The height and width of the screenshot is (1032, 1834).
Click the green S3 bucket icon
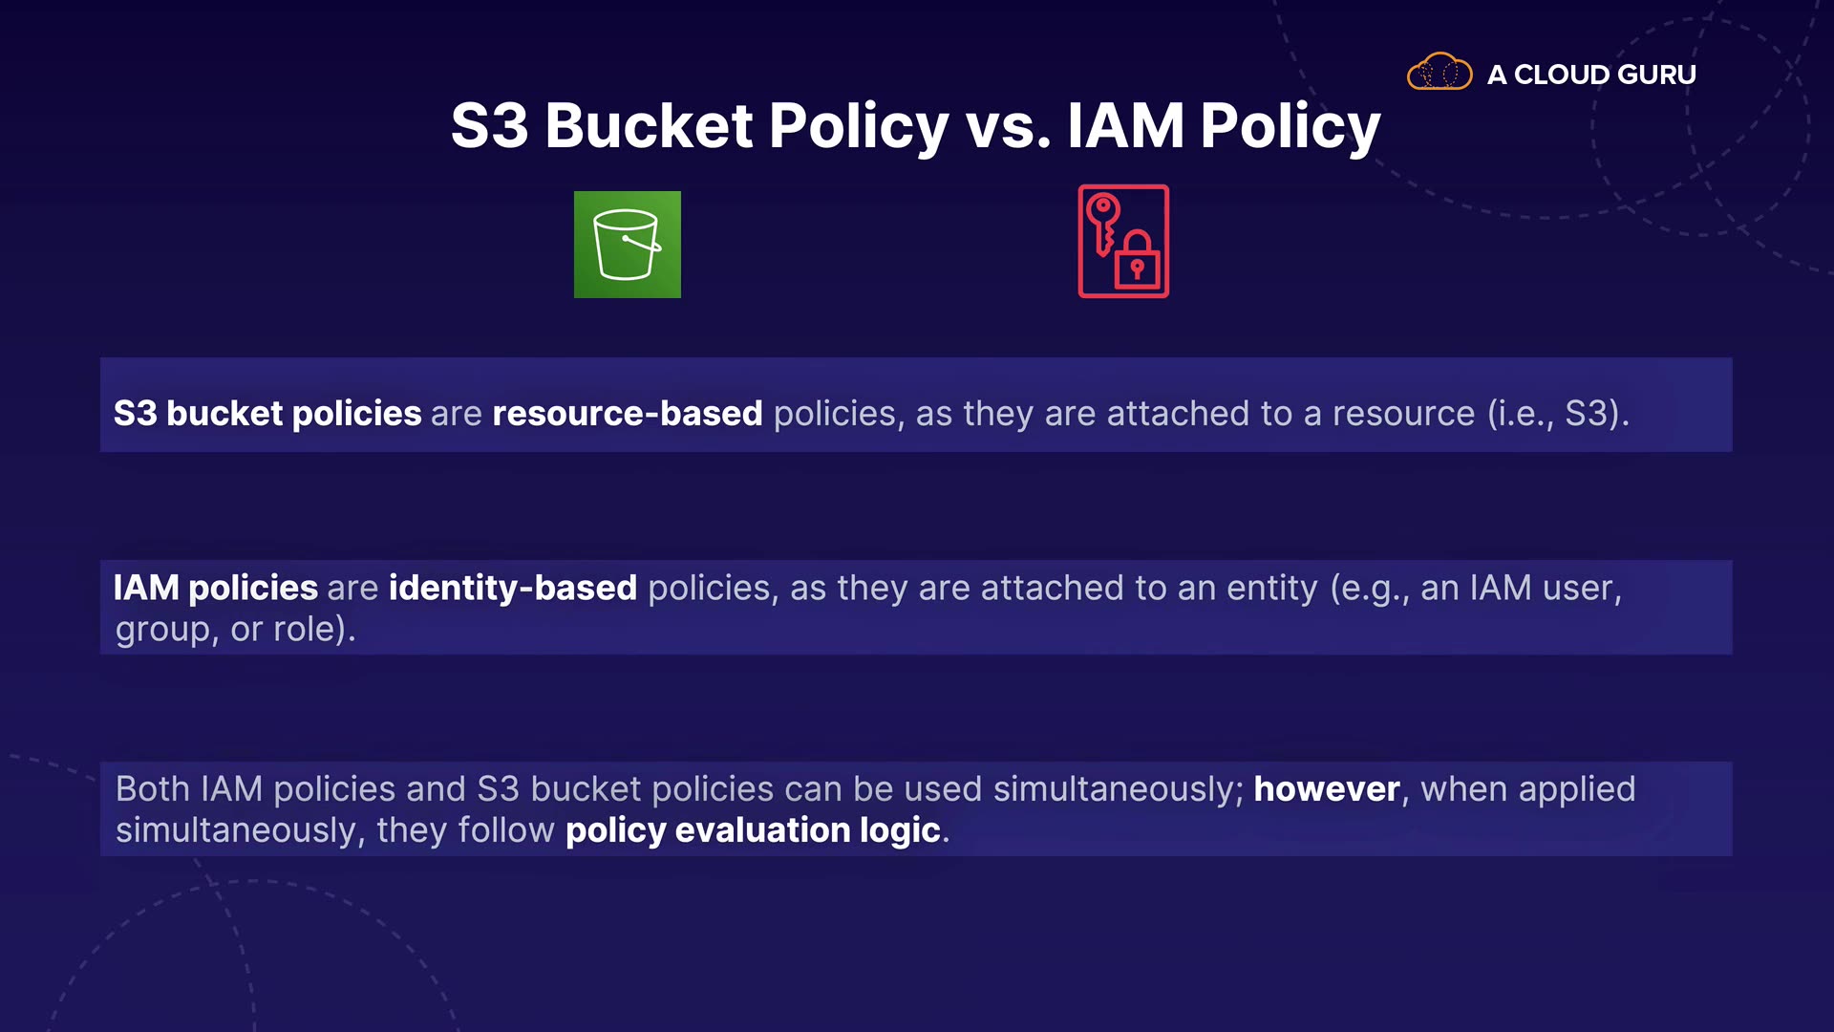point(627,245)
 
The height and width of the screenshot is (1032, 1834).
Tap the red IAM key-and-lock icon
point(1123,241)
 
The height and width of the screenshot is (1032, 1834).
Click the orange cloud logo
point(1439,72)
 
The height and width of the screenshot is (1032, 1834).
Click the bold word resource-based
point(628,413)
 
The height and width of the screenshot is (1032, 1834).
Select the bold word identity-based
point(513,588)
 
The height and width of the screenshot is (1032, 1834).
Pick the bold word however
point(1327,789)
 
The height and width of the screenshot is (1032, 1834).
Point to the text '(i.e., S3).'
point(1559,414)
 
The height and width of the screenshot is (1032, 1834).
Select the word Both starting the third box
point(153,789)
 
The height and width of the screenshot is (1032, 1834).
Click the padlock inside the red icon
point(1137,260)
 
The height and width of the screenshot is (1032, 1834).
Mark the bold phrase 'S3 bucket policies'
point(267,413)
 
